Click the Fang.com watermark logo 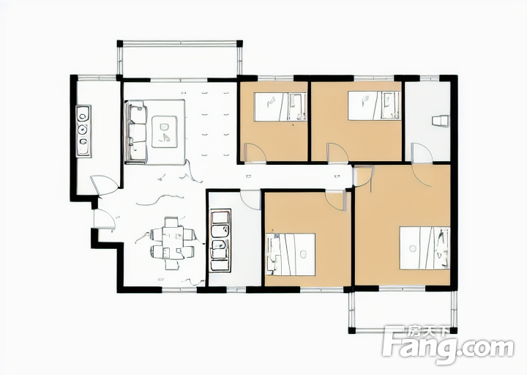pyautogui.click(x=449, y=345)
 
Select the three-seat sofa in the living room pyautogui.click(x=136, y=132)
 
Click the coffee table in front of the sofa pyautogui.click(x=165, y=132)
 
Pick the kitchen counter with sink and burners pyautogui.click(x=83, y=131)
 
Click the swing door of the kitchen pyautogui.click(x=105, y=185)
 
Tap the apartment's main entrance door pyautogui.click(x=104, y=219)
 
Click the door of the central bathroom pyautogui.click(x=251, y=201)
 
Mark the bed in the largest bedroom pyautogui.click(x=425, y=248)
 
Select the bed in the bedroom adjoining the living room pyautogui.click(x=280, y=106)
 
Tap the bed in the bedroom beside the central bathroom pyautogui.click(x=291, y=255)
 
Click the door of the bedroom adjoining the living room pyautogui.click(x=255, y=153)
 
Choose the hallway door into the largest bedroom pyautogui.click(x=364, y=176)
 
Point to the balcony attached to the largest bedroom pyautogui.click(x=403, y=312)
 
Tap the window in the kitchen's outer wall pyautogui.click(x=97, y=78)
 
